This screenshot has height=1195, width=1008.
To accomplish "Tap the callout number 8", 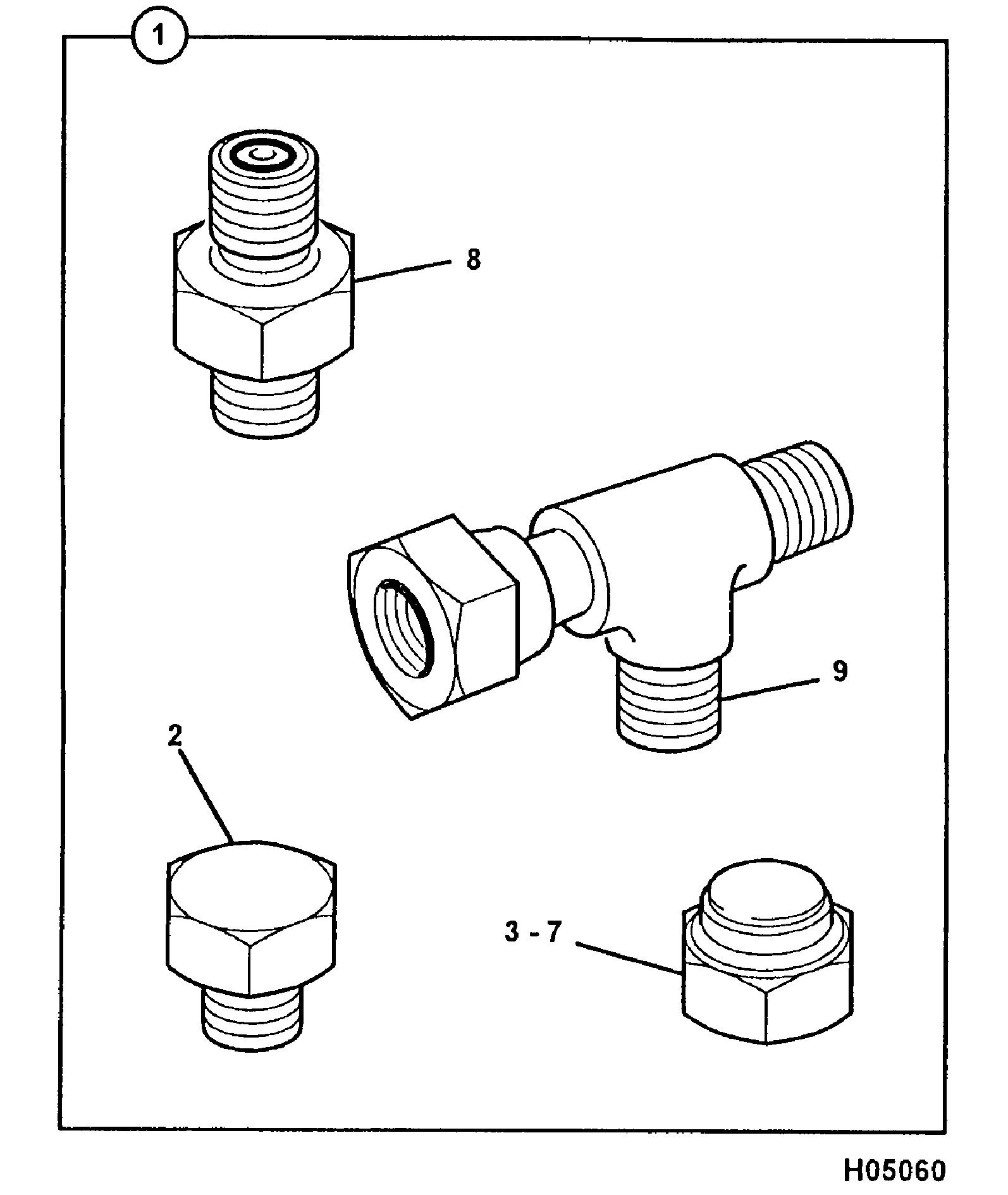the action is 473,260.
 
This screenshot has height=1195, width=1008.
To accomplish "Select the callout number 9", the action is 839,671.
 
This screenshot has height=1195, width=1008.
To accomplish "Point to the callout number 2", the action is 175,735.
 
